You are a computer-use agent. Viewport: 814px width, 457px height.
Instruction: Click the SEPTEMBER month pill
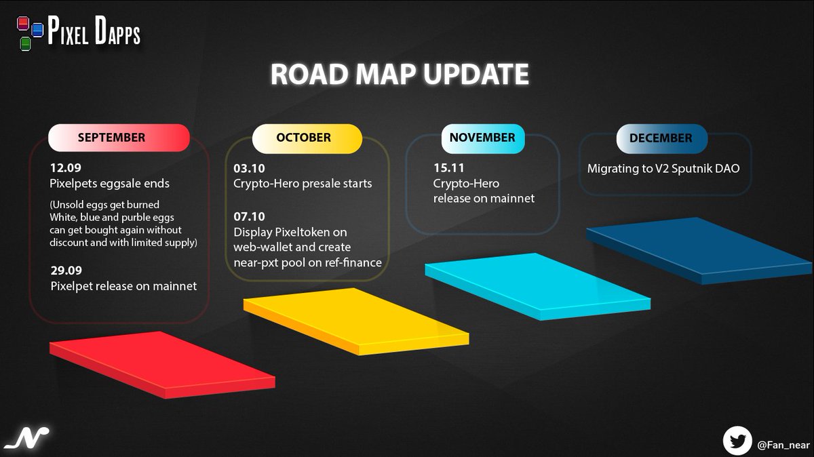coord(118,138)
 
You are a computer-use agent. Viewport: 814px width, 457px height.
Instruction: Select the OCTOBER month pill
coord(303,138)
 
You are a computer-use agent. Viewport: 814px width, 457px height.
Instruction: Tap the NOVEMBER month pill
coord(482,138)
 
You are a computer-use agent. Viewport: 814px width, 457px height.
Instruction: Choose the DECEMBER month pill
coord(661,138)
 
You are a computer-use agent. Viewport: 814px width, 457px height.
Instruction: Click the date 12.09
coord(65,167)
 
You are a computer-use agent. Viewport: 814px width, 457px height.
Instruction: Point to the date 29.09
coord(66,270)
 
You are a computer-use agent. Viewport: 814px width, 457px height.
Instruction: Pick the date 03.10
coord(249,167)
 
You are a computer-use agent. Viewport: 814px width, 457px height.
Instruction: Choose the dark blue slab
coord(699,250)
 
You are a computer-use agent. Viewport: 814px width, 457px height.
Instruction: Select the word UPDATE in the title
coord(476,75)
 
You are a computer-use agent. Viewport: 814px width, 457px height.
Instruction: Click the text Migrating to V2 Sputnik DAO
coord(663,168)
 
